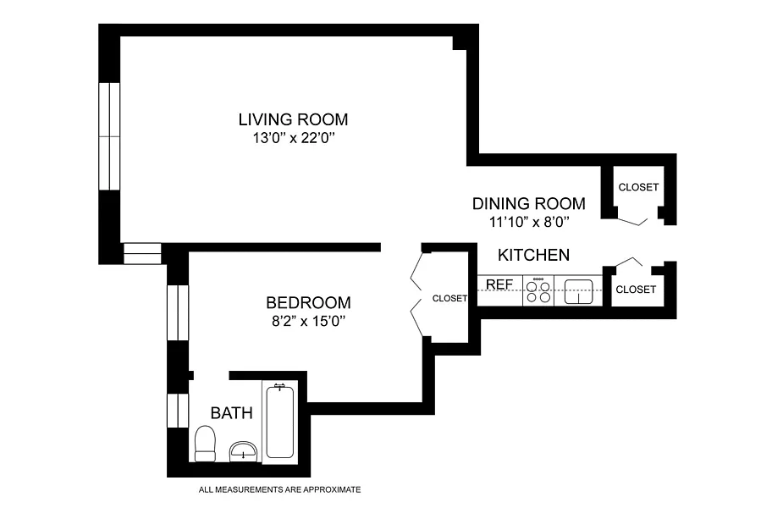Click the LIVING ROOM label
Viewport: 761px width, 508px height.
(293, 119)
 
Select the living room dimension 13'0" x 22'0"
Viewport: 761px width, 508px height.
(294, 138)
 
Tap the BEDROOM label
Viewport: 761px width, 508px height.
(308, 302)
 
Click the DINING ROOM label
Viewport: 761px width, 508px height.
(529, 203)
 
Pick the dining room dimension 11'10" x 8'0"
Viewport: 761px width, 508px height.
(529, 222)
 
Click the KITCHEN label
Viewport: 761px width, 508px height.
(534, 255)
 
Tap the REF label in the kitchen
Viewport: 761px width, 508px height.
(499, 284)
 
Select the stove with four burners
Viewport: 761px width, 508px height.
(538, 290)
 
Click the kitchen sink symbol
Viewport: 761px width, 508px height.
(578, 291)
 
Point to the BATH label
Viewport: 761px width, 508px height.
(231, 413)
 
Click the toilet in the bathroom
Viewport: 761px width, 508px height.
(205, 444)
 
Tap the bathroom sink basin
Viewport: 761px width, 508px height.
(243, 450)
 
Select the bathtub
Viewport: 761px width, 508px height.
(279, 421)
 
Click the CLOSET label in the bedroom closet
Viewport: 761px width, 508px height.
(449, 298)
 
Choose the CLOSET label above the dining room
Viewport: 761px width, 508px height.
(638, 187)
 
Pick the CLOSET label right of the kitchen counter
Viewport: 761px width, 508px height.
(636, 290)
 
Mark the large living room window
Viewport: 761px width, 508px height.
(109, 136)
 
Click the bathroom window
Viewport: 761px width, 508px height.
(178, 411)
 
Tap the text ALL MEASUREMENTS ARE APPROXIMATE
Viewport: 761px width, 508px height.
(279, 489)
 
